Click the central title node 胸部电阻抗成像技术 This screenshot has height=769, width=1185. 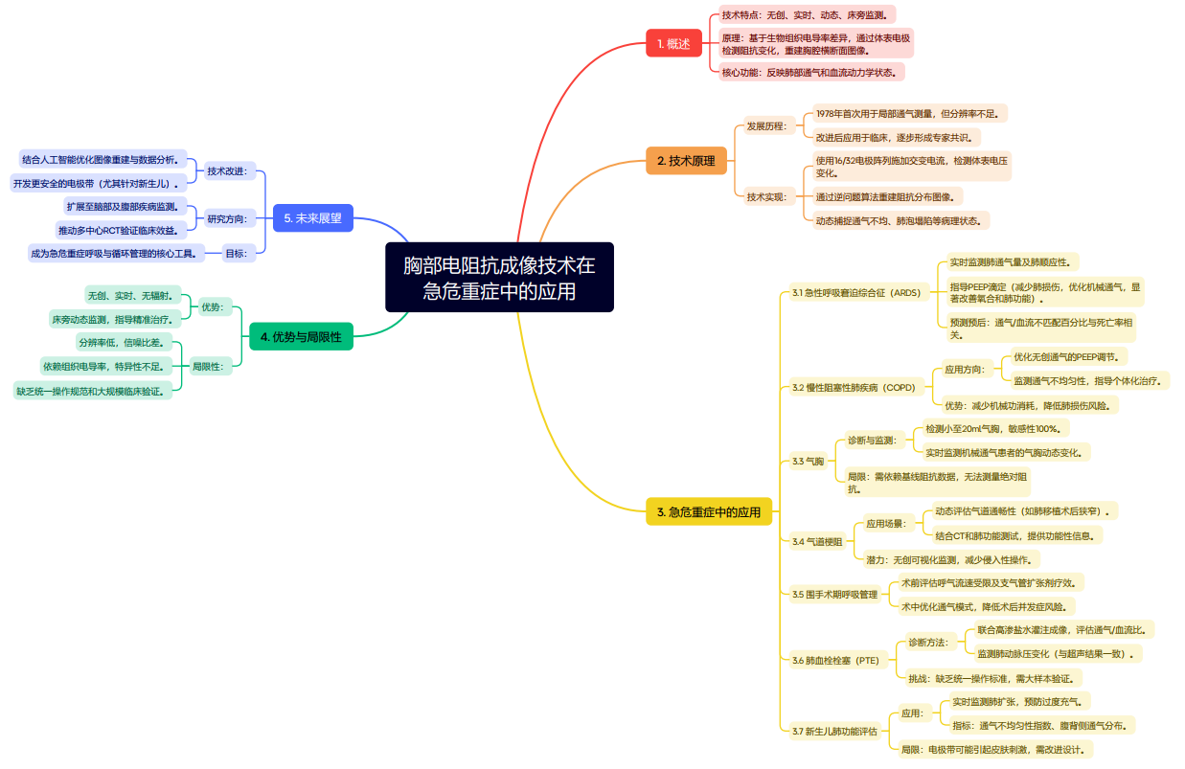click(499, 277)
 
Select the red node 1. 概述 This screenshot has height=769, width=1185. click(673, 44)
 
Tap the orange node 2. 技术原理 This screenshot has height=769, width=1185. click(686, 160)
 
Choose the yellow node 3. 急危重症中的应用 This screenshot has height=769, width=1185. click(708, 512)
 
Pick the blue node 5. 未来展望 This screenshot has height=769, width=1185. click(312, 218)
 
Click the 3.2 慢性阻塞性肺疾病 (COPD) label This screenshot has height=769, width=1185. click(854, 388)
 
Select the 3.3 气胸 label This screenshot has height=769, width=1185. click(808, 462)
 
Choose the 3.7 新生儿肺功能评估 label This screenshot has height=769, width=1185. click(834, 732)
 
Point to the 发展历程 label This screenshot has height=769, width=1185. click(766, 126)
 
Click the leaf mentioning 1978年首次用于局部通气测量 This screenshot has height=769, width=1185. click(905, 114)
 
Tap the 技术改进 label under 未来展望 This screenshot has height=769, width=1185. click(227, 171)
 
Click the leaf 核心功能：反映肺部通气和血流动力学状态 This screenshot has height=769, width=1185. click(810, 72)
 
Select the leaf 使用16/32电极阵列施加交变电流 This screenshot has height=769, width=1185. click(910, 167)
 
